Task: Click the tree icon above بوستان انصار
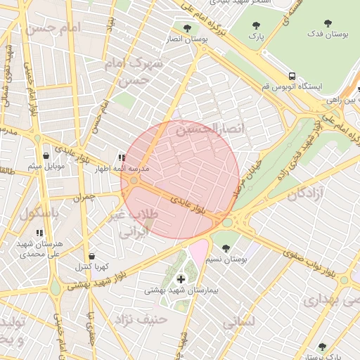coord(186,28)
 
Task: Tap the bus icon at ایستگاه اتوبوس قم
coord(290,76)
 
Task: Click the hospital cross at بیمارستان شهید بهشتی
coord(181,279)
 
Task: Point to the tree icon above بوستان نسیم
coord(226,248)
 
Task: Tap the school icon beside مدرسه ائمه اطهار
coord(122,158)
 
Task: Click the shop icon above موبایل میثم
coord(46,155)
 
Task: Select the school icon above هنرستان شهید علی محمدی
coord(39,232)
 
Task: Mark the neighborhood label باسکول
coord(39,214)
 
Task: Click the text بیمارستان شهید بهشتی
coord(182,290)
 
